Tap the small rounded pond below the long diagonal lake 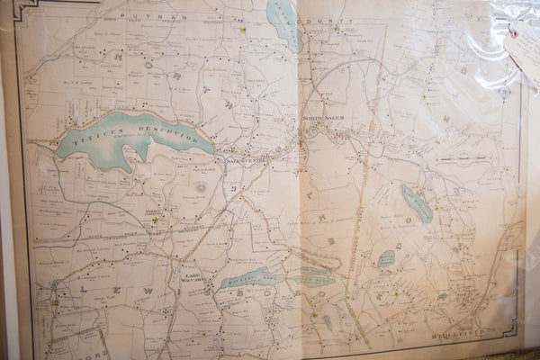[386, 258]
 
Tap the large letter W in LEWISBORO [146, 292]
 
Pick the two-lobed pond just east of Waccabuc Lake [315, 275]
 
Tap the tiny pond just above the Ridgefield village [442, 296]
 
